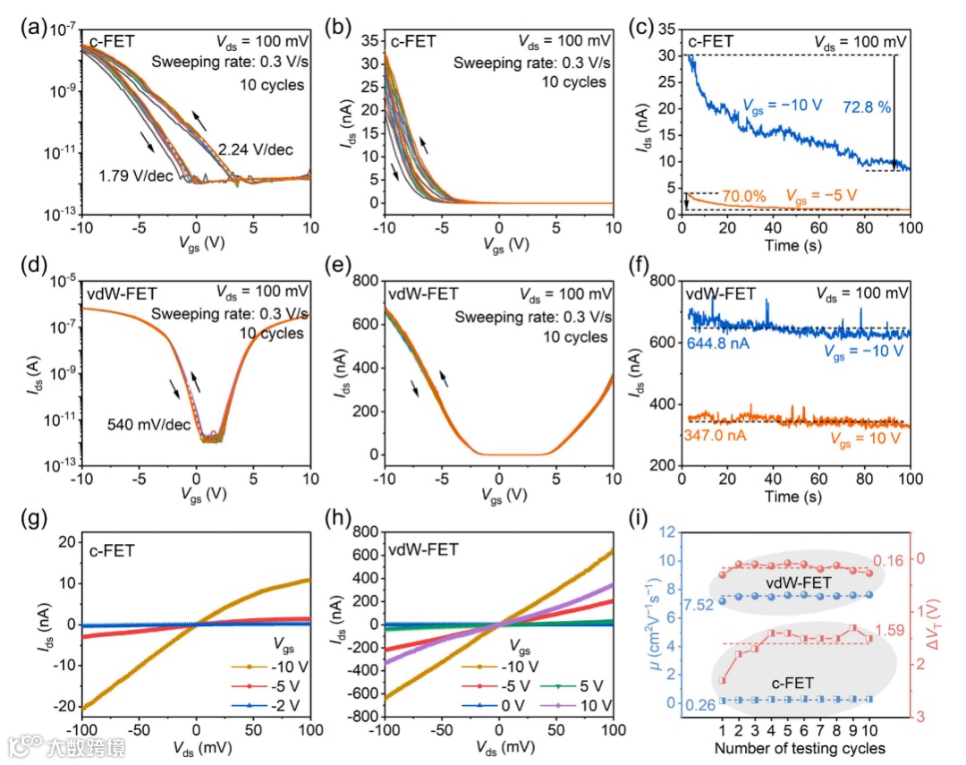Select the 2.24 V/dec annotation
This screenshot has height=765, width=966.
tap(255, 149)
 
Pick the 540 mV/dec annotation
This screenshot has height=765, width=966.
tap(151, 423)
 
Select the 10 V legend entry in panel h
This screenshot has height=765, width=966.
tap(589, 705)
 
